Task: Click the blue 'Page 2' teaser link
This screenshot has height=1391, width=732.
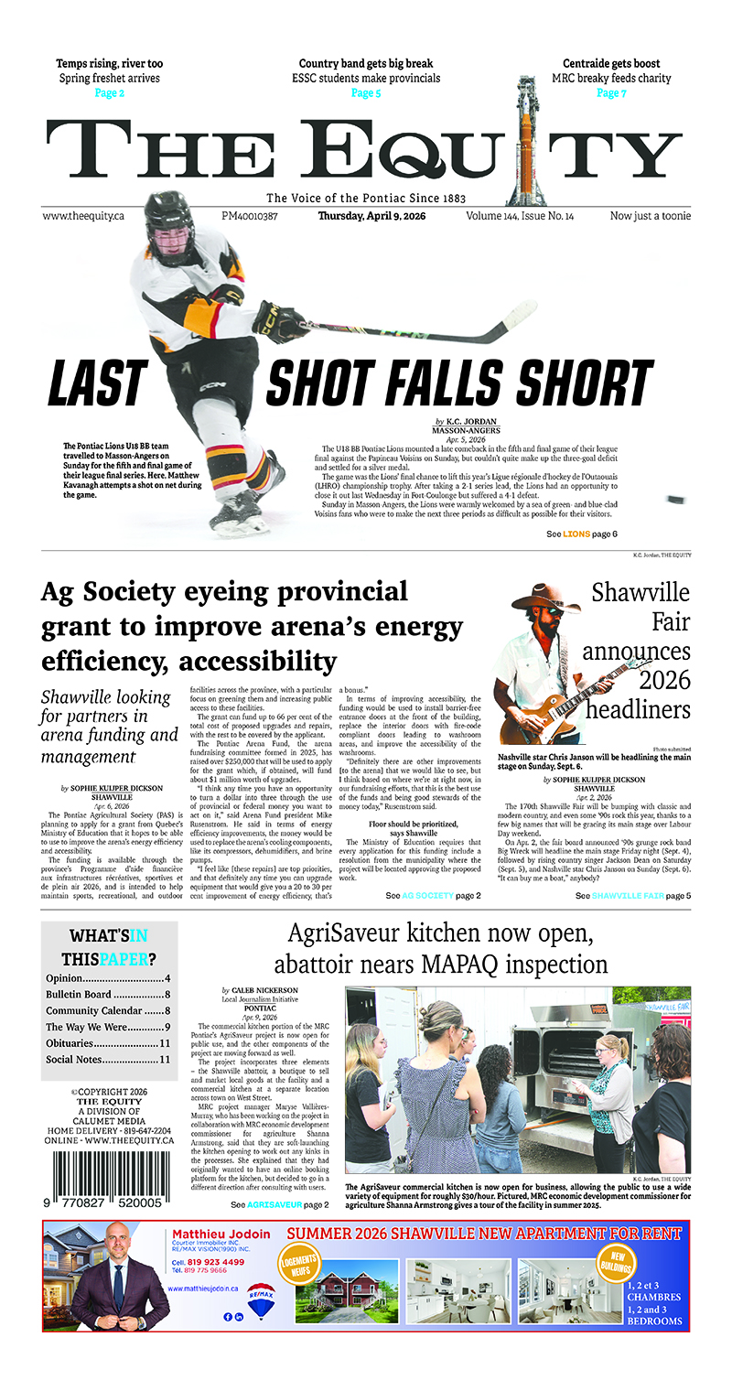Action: tap(109, 93)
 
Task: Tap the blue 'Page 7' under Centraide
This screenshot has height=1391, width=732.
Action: tap(611, 93)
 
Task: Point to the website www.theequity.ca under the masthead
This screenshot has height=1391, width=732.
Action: tap(83, 217)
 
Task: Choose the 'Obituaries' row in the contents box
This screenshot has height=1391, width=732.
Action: tap(108, 1042)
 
